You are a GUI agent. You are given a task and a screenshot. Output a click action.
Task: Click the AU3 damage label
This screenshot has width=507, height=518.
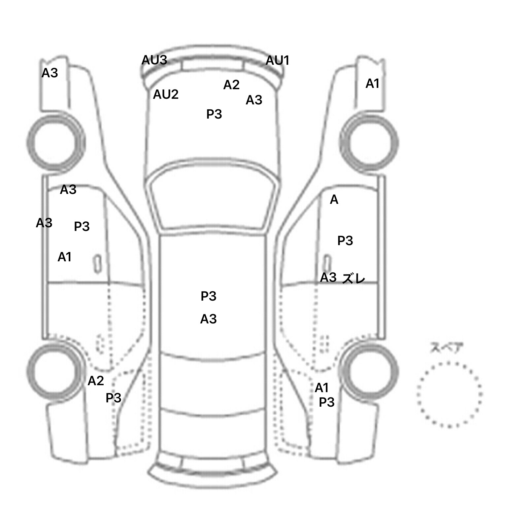coord(154,60)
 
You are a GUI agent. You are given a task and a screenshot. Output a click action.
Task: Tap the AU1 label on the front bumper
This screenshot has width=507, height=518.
coord(278,60)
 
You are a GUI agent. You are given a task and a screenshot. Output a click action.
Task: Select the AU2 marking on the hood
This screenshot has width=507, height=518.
coord(166,94)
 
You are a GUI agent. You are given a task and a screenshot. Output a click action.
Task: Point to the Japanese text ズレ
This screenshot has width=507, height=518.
coord(354,278)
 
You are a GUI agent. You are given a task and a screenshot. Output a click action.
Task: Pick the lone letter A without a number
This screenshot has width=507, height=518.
coord(334,200)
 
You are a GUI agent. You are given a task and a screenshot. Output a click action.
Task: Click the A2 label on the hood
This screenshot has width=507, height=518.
coord(231,85)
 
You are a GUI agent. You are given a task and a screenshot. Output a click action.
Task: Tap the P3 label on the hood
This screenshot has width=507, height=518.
coord(214,114)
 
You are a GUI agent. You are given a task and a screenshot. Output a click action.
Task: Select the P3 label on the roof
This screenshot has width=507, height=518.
coord(209,296)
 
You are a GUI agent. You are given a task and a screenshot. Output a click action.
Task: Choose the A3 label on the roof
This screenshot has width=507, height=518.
coord(209,319)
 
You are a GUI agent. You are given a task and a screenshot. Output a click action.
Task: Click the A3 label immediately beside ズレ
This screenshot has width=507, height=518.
coord(328,277)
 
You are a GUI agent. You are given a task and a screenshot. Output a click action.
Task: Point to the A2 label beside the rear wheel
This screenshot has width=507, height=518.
coord(96,381)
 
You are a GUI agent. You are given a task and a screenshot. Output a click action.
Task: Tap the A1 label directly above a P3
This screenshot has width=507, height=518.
coord(322,388)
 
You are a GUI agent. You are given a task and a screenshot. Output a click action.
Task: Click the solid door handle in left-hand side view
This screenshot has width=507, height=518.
coord(97,264)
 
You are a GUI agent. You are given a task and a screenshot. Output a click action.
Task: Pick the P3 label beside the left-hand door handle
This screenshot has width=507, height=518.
coord(82,226)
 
